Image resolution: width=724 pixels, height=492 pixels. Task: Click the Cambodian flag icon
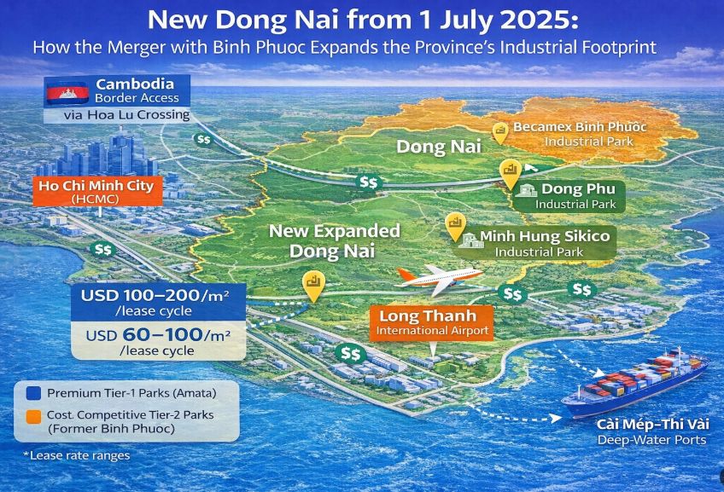click(67, 94)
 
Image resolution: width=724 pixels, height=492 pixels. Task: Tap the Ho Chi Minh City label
click(97, 191)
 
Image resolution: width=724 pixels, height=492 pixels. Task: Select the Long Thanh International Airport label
click(432, 323)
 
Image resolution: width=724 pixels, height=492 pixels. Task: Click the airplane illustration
click(440, 279)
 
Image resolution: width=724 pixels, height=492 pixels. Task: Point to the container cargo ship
click(636, 383)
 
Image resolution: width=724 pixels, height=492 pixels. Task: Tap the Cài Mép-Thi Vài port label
click(652, 432)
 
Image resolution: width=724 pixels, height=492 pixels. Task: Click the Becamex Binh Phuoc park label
click(580, 134)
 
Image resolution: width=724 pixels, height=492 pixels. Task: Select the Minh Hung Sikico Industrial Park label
click(534, 242)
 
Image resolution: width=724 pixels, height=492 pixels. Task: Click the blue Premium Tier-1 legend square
click(33, 393)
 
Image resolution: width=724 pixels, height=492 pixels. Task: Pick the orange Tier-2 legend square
click(33, 417)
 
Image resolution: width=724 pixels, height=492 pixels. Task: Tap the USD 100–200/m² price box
click(158, 302)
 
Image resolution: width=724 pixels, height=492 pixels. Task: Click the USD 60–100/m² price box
click(158, 341)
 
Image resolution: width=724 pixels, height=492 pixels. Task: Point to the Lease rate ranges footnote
click(77, 455)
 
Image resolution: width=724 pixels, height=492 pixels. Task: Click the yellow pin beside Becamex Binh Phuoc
click(500, 133)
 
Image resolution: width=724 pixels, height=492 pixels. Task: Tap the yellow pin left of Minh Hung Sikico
click(455, 226)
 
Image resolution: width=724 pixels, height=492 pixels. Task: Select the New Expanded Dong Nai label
click(334, 241)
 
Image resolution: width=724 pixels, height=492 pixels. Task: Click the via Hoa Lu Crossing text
click(126, 115)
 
